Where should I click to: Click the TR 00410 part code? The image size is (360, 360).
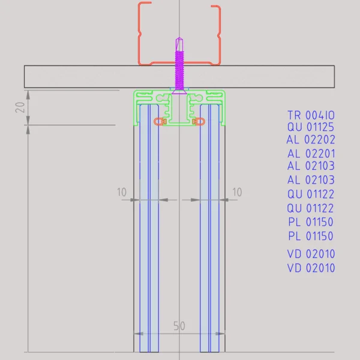click(x=311, y=115)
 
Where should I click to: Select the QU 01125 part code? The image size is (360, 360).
click(x=311, y=127)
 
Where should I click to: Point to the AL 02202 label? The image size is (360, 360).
click(x=311, y=140)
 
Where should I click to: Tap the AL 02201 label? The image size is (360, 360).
click(x=311, y=154)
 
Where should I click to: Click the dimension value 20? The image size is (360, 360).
click(x=20, y=107)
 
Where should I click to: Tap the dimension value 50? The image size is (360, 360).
click(x=179, y=326)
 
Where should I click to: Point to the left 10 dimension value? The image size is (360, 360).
click(x=122, y=193)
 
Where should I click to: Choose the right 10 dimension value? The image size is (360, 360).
click(x=236, y=193)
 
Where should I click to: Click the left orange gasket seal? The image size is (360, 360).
click(x=160, y=121)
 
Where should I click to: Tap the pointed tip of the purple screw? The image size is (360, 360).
click(x=179, y=40)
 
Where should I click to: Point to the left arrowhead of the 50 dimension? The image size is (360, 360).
click(x=136, y=334)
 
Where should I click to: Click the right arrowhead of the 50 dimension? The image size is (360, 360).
click(x=223, y=334)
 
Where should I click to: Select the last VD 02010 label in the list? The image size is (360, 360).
click(x=311, y=268)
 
